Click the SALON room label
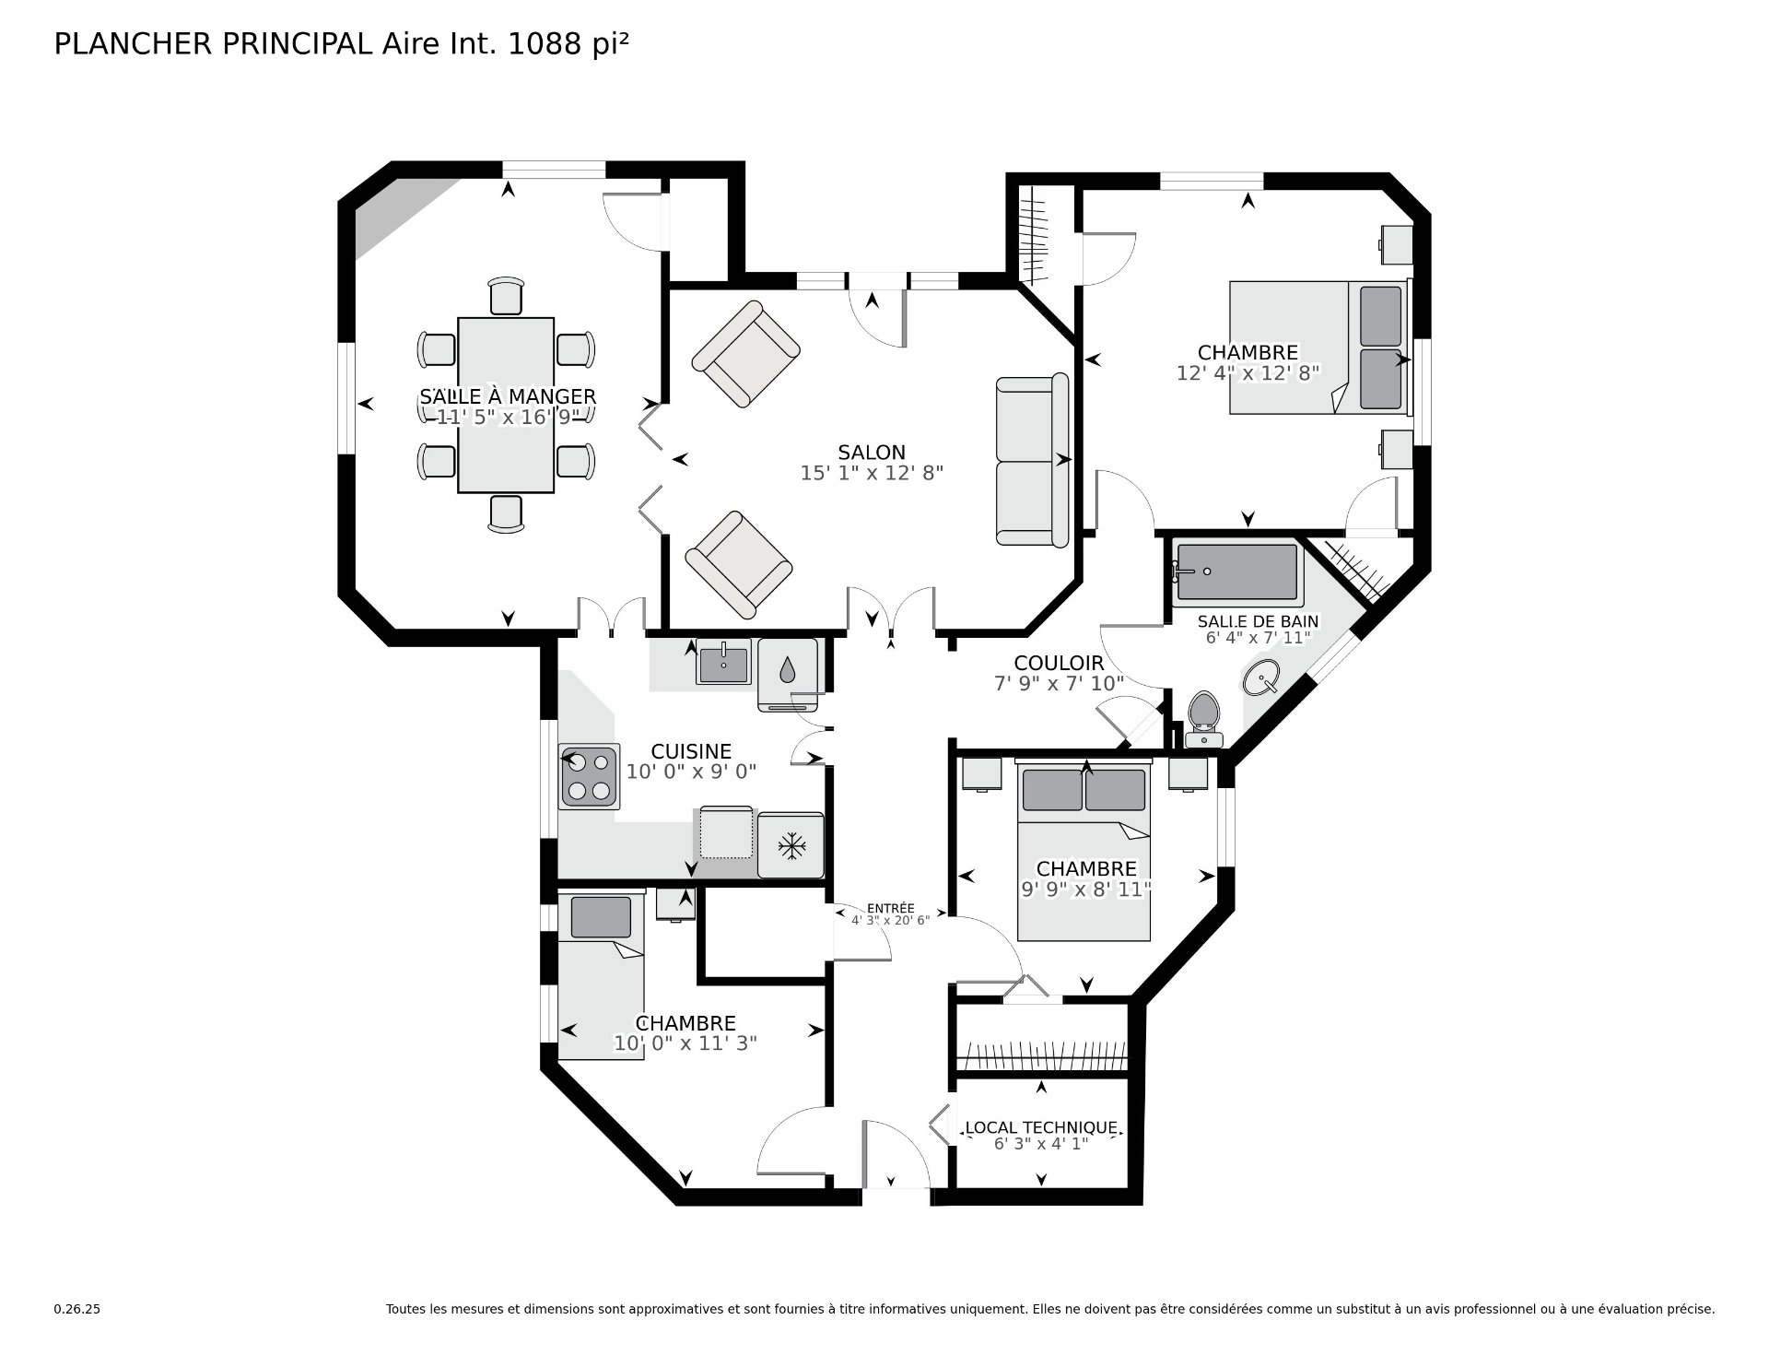pyautogui.click(x=871, y=453)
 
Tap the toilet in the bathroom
pyautogui.click(x=1203, y=718)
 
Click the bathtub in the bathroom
pyautogui.click(x=1236, y=573)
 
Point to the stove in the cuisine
pyautogui.click(x=588, y=775)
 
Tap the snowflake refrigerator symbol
pyautogui.click(x=791, y=845)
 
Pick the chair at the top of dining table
pyautogui.click(x=506, y=296)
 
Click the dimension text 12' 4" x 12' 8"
pyautogui.click(x=1248, y=373)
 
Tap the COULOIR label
pyautogui.click(x=1059, y=664)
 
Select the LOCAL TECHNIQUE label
pyautogui.click(x=1040, y=1128)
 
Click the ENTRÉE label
pyautogui.click(x=890, y=908)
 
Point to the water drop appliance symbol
pyautogui.click(x=787, y=670)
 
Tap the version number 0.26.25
pyautogui.click(x=76, y=1309)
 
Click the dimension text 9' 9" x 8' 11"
pyautogui.click(x=1086, y=890)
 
